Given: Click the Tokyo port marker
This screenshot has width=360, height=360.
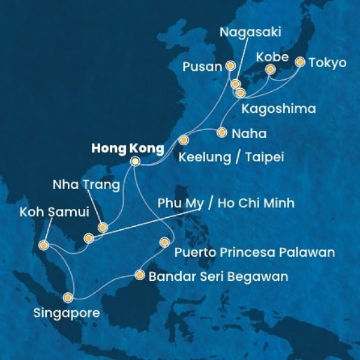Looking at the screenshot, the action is pyautogui.click(x=300, y=62).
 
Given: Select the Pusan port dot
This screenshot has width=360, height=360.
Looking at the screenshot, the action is pyautogui.click(x=230, y=66).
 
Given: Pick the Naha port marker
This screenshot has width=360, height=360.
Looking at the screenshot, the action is pyautogui.click(x=221, y=132).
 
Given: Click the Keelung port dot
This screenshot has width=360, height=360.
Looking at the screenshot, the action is pyautogui.click(x=184, y=140).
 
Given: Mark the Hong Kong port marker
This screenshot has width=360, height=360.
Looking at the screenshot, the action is pyautogui.click(x=135, y=161).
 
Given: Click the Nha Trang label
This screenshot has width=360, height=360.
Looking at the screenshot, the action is pyautogui.click(x=85, y=184).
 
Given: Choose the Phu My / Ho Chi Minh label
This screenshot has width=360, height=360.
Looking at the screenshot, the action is pyautogui.click(x=226, y=203).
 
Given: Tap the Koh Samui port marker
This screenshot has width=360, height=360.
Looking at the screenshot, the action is pyautogui.click(x=43, y=245).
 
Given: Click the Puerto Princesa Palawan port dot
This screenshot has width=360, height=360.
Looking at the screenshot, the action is pyautogui.click(x=164, y=242).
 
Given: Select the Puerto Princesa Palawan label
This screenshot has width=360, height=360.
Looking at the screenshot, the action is pyautogui.click(x=254, y=252).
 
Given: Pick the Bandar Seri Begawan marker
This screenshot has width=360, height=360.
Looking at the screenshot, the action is pyautogui.click(x=140, y=275).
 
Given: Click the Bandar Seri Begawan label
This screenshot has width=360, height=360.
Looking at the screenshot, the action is pyautogui.click(x=218, y=277).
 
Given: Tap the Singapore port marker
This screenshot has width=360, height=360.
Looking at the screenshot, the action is pyautogui.click(x=69, y=297).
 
